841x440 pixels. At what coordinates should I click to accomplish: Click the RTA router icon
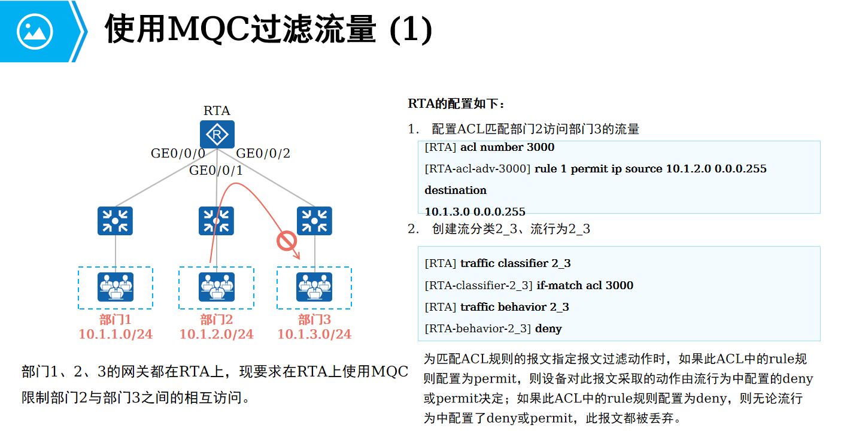[x=217, y=135]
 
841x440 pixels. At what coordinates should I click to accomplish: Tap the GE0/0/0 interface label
[x=178, y=153]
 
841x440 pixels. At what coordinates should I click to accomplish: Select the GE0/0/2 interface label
[x=263, y=153]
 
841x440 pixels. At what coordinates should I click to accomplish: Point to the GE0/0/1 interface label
[x=216, y=171]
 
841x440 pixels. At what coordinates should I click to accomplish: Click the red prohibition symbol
[x=287, y=241]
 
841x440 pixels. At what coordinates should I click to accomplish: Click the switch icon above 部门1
[x=115, y=221]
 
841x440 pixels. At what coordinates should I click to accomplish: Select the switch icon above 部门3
[x=314, y=221]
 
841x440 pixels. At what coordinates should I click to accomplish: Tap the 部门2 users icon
[x=216, y=287]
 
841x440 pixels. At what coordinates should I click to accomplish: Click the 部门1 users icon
[x=115, y=287]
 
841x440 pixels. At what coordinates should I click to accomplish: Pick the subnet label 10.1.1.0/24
[x=116, y=334]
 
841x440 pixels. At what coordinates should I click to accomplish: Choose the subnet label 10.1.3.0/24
[x=314, y=334]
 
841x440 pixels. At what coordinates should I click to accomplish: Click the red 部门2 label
[x=216, y=320]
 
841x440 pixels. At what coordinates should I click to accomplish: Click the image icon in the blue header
[x=35, y=31]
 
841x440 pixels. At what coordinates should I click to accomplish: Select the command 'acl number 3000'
[x=507, y=147]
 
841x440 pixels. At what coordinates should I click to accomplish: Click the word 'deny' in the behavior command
[x=548, y=328]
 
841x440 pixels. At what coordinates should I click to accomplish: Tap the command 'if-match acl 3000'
[x=585, y=285]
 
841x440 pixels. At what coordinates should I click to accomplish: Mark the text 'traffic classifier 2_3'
[x=515, y=263]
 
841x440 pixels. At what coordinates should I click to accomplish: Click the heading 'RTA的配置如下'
[x=456, y=104]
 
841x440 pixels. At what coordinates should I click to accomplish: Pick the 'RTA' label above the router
[x=217, y=111]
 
